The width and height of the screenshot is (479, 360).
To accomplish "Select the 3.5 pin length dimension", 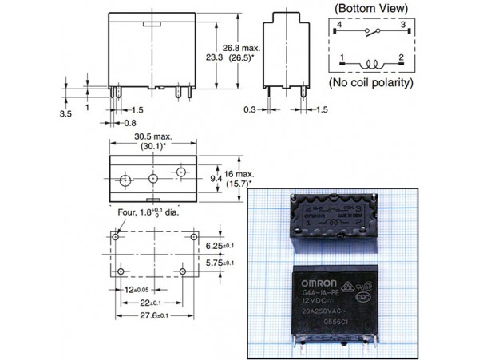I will coord(68,114).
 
